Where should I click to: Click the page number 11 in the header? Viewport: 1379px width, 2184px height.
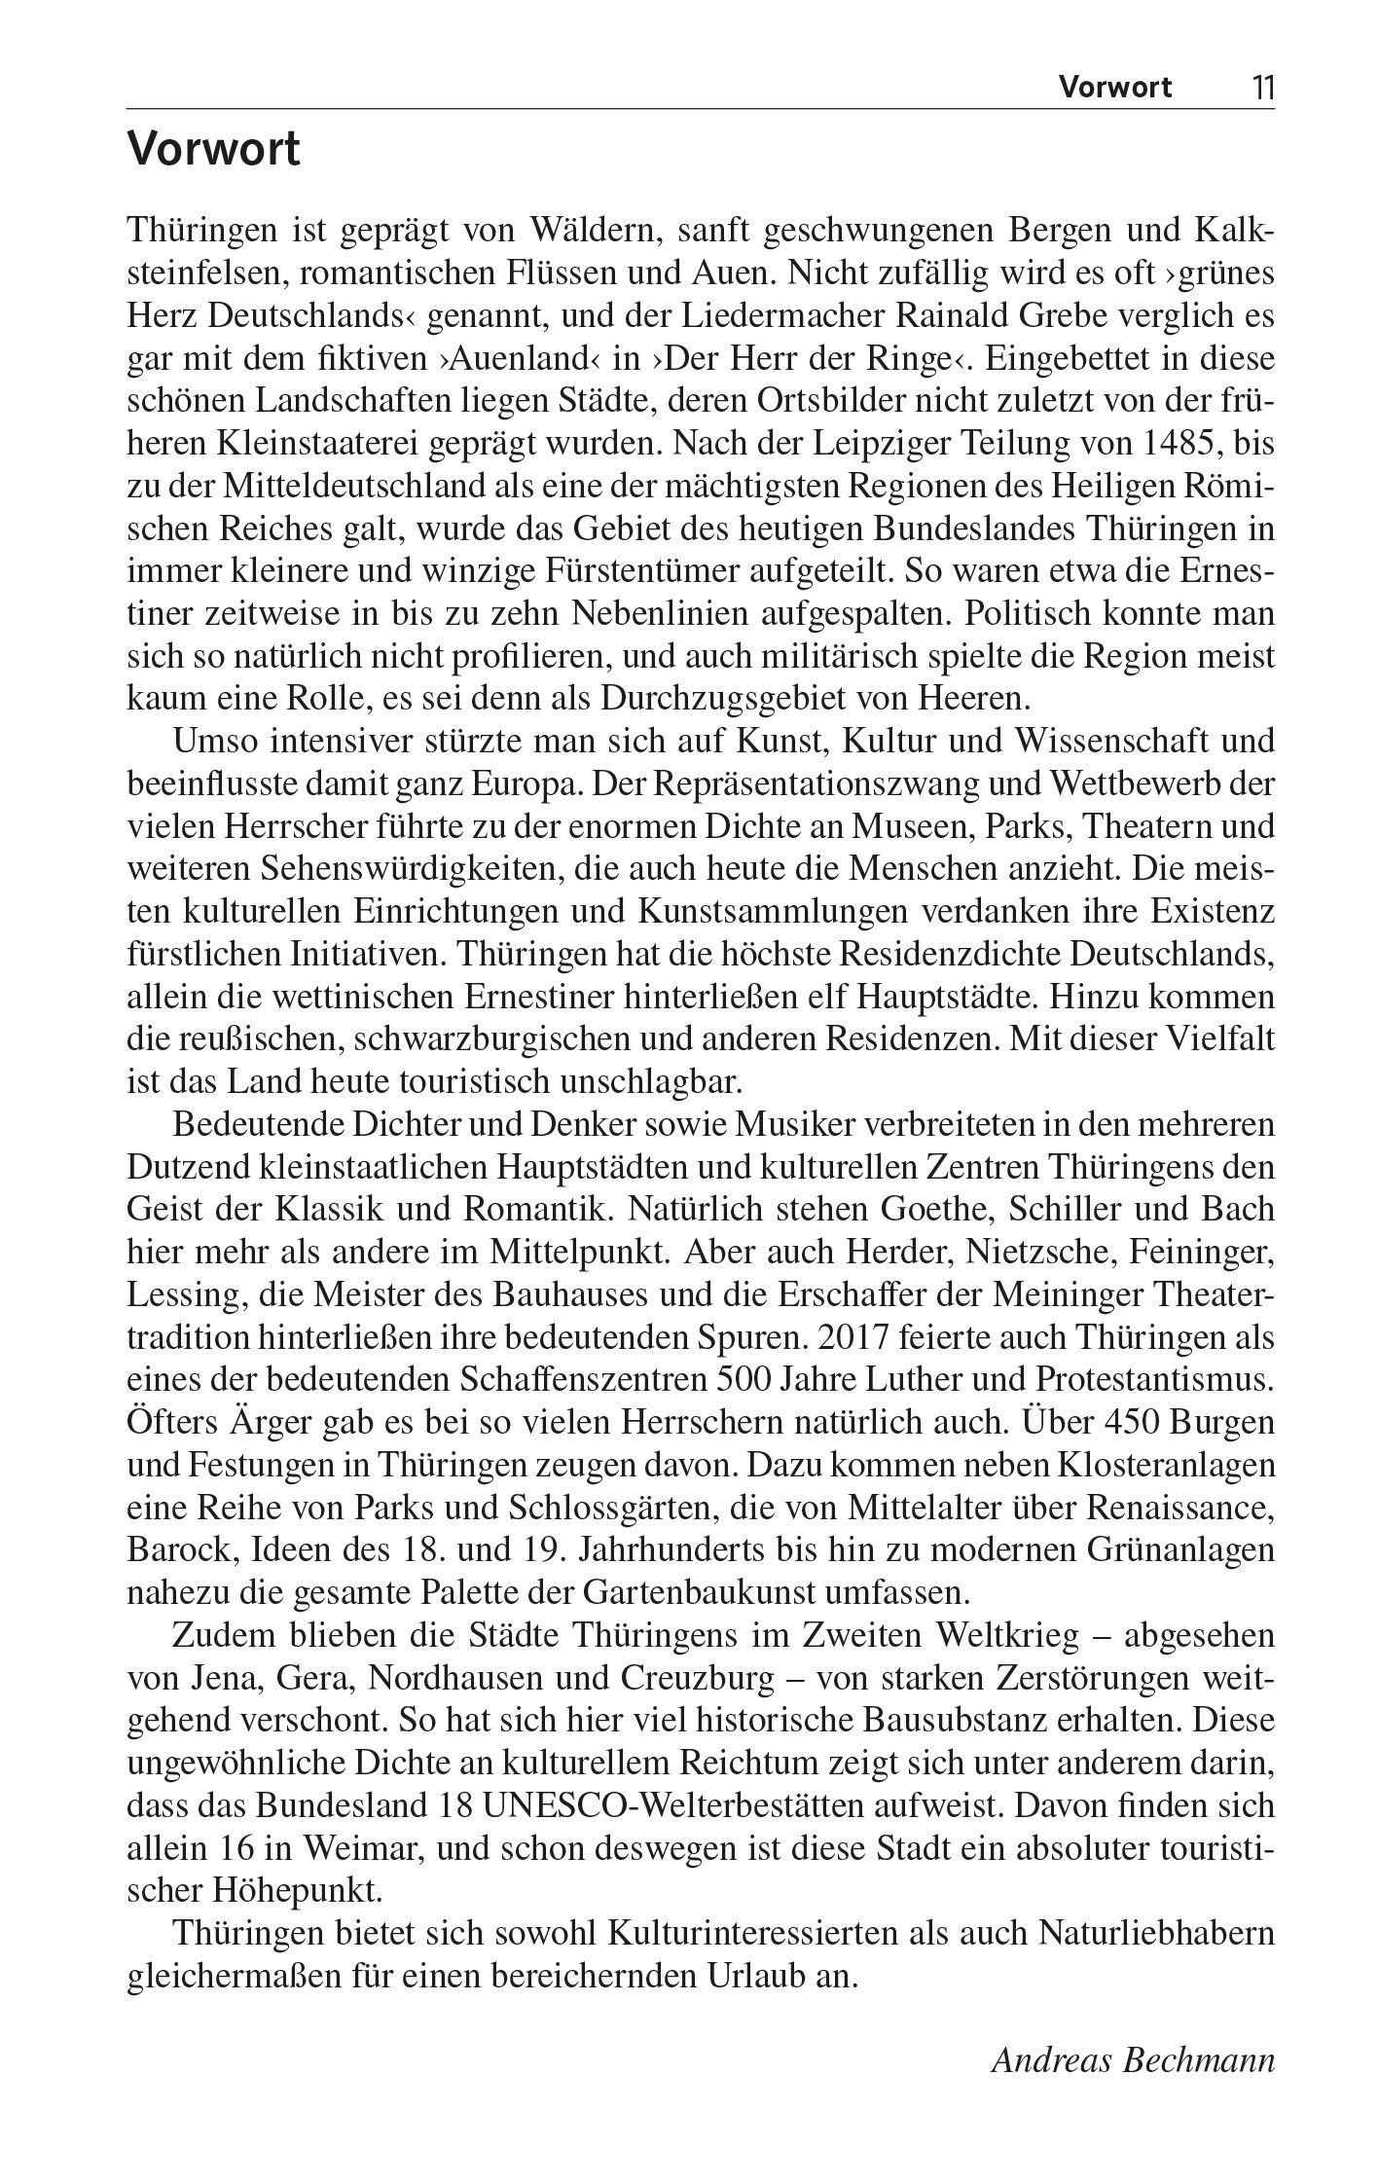point(1262,88)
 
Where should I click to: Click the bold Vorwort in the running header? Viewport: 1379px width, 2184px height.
point(1115,88)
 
